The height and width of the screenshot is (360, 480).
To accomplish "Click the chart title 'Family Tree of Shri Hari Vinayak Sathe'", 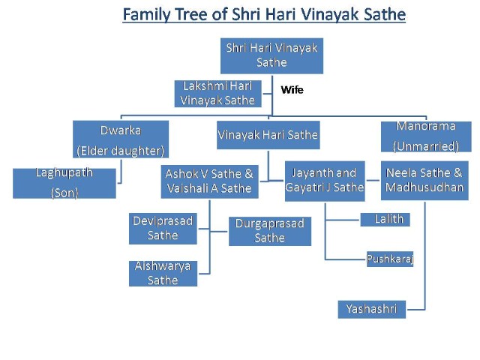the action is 264,14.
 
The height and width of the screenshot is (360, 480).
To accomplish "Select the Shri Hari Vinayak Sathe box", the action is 271,55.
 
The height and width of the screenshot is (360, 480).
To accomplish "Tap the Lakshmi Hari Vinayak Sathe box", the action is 217,93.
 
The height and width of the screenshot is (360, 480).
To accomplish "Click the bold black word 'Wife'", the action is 292,90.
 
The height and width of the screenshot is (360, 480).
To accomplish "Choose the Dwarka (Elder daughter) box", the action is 121,139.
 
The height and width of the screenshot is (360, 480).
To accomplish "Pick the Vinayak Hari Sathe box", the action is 268,135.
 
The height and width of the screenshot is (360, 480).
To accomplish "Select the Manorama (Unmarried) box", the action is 426,136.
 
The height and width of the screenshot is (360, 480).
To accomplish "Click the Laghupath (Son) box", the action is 64,183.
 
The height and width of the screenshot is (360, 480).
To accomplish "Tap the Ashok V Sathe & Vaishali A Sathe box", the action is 209,181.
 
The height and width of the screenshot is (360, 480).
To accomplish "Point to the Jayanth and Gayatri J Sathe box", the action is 325,181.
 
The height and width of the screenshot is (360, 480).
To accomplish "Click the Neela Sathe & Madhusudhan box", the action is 424,180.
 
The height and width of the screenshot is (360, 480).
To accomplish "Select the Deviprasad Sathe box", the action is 163,228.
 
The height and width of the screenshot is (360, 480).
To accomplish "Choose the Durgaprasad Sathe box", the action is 270,231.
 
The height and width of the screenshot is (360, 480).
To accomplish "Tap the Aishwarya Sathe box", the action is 163,273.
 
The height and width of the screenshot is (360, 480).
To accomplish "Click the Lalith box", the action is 385,220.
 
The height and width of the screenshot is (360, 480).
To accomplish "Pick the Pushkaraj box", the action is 390,259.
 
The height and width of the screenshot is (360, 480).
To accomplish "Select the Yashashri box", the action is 372,309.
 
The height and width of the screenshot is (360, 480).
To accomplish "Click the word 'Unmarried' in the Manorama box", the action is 426,146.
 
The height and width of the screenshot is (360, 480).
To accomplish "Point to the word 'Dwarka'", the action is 121,130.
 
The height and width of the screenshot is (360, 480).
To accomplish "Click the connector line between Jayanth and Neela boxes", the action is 373,180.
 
